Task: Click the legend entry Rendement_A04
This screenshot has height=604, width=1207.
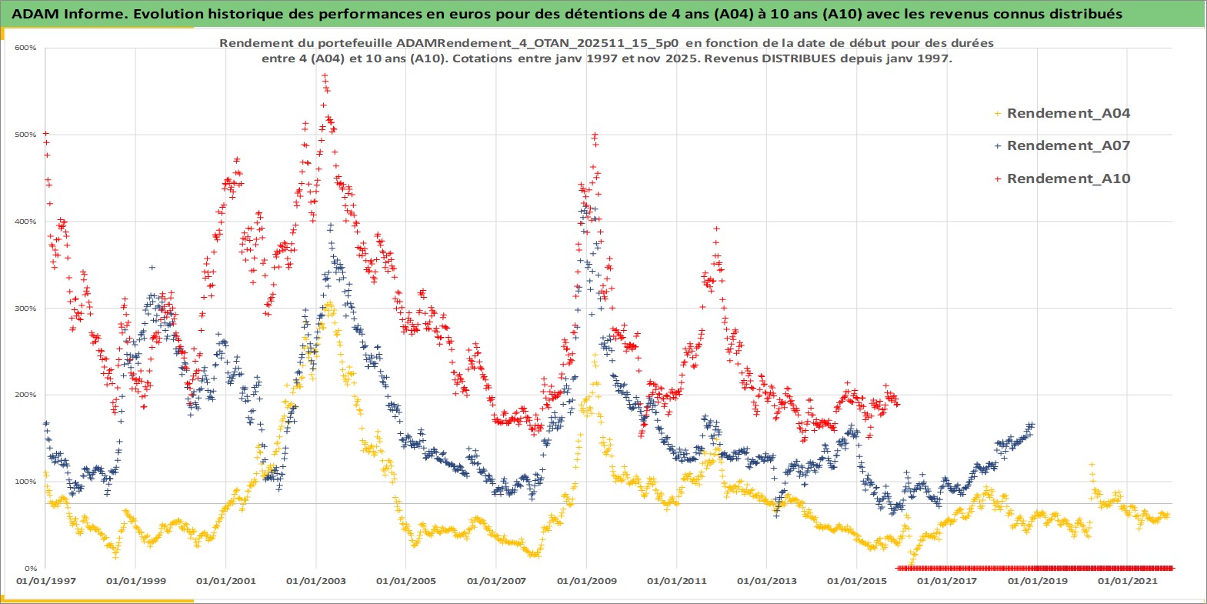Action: click(1068, 113)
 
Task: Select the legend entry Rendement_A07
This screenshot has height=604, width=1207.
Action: click(1068, 145)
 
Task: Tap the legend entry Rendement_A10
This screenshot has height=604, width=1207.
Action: click(1068, 179)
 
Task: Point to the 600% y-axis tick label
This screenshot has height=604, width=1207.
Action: click(26, 48)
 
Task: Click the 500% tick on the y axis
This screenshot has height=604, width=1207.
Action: click(26, 135)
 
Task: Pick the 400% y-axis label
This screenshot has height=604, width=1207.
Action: click(26, 222)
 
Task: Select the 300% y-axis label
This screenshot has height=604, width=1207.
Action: click(26, 309)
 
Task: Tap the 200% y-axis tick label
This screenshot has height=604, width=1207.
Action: click(26, 395)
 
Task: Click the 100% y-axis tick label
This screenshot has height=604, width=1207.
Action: click(26, 482)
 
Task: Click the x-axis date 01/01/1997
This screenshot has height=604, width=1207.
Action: click(46, 581)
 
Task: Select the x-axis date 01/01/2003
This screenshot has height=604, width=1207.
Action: click(316, 581)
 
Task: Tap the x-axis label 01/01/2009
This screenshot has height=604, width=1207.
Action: click(587, 581)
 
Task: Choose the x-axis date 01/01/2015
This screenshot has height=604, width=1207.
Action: click(857, 581)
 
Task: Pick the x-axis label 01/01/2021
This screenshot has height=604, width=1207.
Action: click(1127, 581)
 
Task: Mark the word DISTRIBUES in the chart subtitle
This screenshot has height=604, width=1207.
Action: click(799, 58)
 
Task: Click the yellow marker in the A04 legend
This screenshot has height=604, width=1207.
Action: click(998, 114)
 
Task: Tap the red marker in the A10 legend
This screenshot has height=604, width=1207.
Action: click(998, 179)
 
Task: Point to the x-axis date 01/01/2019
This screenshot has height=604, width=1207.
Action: click(1037, 581)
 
